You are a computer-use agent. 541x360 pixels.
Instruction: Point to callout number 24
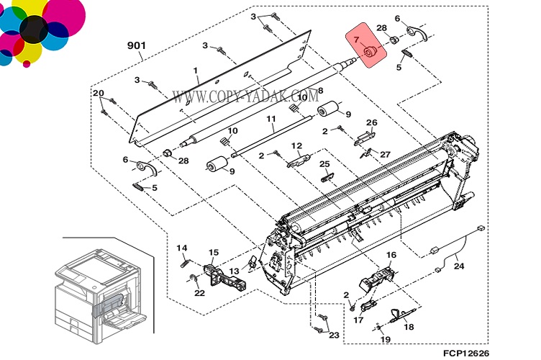[458, 266]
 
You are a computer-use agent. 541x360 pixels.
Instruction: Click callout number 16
[391, 255]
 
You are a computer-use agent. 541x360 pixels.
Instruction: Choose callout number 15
[213, 252]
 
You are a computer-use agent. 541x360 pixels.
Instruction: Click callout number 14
[182, 248]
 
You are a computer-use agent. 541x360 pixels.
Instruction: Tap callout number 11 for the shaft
[271, 119]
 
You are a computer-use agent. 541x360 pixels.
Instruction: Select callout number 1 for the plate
[195, 71]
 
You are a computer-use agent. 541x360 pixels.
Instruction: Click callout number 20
[99, 93]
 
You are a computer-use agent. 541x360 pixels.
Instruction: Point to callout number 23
[333, 334]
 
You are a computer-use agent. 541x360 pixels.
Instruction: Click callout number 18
[409, 327]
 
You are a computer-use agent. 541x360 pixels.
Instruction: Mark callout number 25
[324, 165]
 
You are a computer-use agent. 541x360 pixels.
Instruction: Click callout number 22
[200, 292]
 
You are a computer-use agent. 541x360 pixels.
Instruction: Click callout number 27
[385, 154]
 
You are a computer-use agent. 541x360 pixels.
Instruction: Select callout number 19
[385, 339]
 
